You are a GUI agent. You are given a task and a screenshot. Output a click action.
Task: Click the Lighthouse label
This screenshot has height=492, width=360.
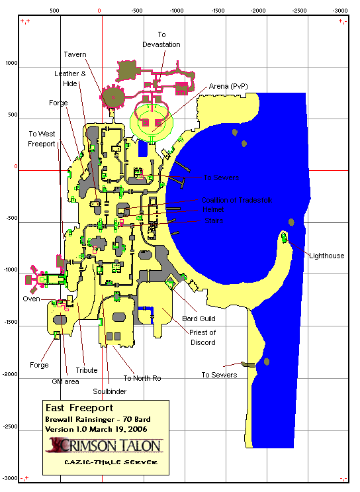pyautogui.click(x=326, y=256)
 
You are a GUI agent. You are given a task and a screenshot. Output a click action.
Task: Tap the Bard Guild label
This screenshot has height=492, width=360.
pyautogui.click(x=199, y=319)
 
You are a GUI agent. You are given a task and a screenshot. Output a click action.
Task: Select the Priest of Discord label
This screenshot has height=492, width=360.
pyautogui.click(x=203, y=337)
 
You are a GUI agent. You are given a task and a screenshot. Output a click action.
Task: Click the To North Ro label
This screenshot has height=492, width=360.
pyautogui.click(x=142, y=378)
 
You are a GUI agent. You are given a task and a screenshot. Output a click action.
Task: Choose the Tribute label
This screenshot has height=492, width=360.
pyautogui.click(x=87, y=370)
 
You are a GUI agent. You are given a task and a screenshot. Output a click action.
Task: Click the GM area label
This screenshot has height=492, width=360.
pyautogui.click(x=66, y=381)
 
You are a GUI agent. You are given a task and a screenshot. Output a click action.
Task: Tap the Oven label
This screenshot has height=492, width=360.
pyautogui.click(x=32, y=299)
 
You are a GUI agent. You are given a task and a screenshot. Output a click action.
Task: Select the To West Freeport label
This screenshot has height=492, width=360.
pyautogui.click(x=42, y=138)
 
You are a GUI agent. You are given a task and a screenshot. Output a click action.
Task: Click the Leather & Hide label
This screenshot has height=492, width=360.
pyautogui.click(x=70, y=79)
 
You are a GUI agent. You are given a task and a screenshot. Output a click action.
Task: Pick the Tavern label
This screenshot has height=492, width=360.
pyautogui.click(x=75, y=54)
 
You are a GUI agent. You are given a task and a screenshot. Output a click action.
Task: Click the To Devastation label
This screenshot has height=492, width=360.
pyautogui.click(x=161, y=39)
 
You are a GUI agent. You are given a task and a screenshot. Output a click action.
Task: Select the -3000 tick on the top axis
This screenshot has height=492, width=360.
pyautogui.click(x=339, y=11)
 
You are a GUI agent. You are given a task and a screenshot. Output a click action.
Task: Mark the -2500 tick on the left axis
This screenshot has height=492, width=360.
pyautogui.click(x=10, y=426)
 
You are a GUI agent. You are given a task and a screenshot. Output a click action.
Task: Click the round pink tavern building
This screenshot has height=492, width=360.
pyautogui.click(x=113, y=98)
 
